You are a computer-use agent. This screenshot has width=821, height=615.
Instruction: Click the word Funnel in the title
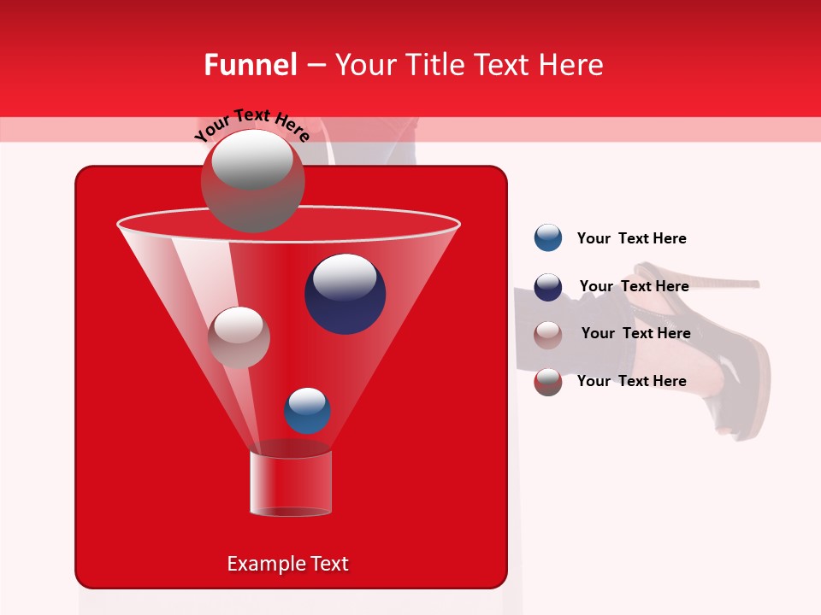click(251, 65)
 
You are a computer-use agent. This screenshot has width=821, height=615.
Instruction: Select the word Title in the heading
click(435, 65)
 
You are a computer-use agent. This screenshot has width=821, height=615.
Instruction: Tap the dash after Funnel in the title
click(315, 66)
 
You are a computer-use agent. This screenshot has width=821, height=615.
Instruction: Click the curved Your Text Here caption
click(251, 125)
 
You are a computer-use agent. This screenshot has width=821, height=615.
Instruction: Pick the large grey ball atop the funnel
click(252, 180)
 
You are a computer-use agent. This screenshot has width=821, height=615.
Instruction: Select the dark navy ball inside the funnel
click(345, 294)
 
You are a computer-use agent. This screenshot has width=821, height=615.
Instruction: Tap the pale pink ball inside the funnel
click(239, 337)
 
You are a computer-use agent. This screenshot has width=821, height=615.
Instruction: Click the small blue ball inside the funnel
click(307, 411)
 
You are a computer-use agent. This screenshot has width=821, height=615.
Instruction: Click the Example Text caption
click(288, 564)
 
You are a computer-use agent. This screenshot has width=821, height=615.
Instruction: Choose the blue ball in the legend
click(548, 238)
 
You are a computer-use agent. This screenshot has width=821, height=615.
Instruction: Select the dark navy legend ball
click(548, 287)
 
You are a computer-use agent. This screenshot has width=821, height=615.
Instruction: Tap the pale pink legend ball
click(548, 334)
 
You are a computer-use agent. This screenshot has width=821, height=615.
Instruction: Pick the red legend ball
click(548, 382)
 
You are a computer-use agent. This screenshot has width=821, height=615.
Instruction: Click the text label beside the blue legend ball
click(631, 238)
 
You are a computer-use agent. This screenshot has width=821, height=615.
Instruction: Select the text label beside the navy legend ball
click(634, 286)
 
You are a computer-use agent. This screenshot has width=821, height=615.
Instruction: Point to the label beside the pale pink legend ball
click(635, 333)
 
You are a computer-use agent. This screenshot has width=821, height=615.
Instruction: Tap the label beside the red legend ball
click(631, 381)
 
